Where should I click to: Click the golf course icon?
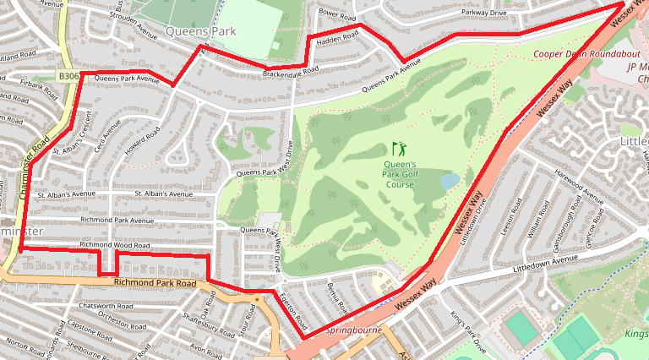click(399, 148)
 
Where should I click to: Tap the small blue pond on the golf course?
click(450, 181)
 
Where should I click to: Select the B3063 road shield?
click(69, 76)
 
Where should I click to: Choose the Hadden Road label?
click(337, 38)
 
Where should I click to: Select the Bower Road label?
click(337, 15)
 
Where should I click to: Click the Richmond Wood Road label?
click(114, 245)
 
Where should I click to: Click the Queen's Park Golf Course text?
click(401, 174)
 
